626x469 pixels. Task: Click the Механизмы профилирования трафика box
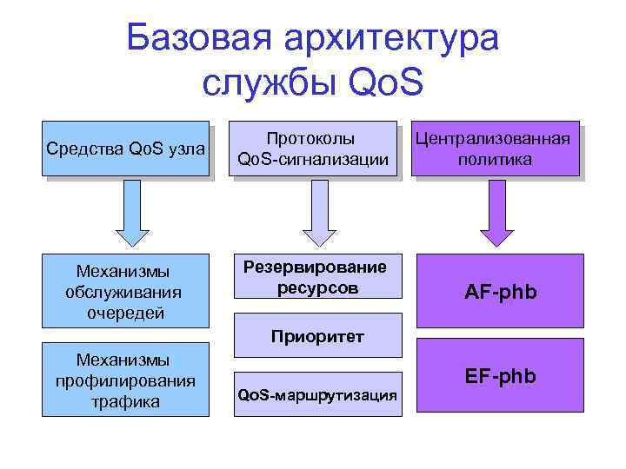(129, 380)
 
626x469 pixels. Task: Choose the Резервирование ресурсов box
(316, 277)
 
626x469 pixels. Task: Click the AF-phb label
(501, 293)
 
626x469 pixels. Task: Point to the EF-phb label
(501, 377)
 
